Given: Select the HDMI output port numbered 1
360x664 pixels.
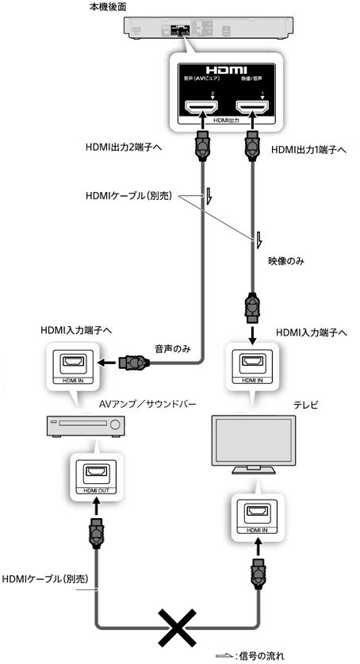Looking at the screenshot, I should (x=251, y=108).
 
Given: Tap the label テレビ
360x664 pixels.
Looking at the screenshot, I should (x=304, y=405).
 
